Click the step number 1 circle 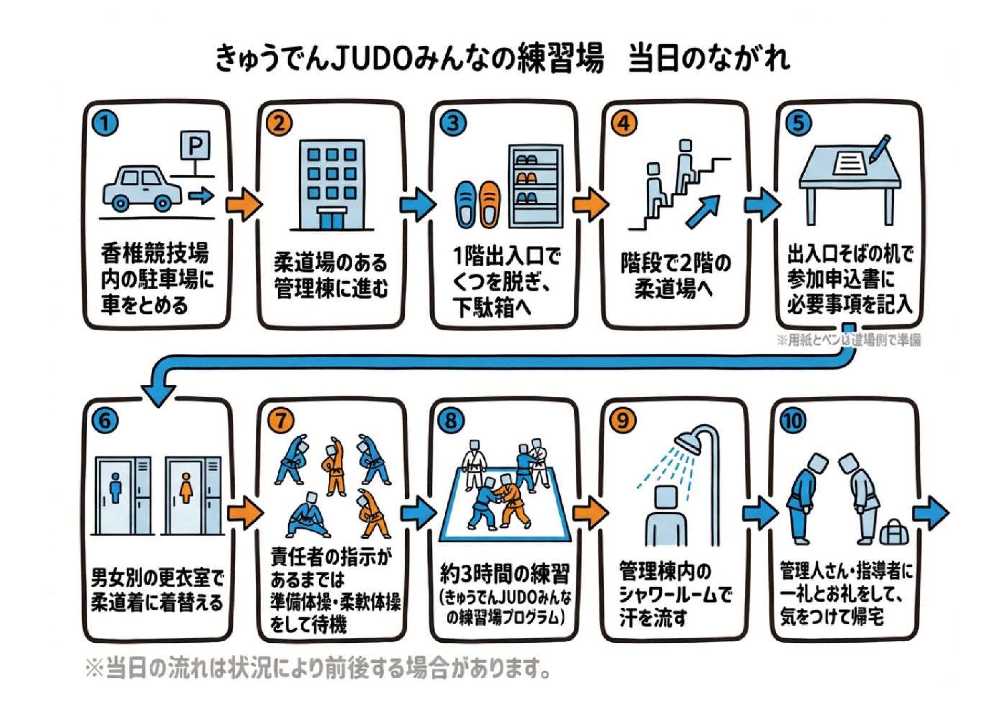[105, 124]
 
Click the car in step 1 [142, 188]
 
